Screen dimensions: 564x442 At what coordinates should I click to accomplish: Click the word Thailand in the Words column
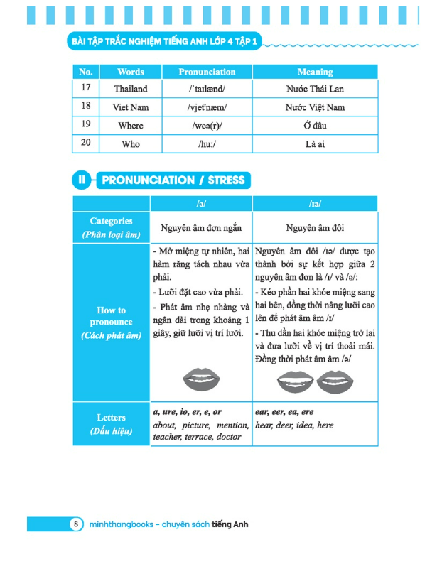point(131,90)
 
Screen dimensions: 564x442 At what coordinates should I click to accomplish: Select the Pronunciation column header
point(207,72)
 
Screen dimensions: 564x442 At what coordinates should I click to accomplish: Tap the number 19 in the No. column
point(86,126)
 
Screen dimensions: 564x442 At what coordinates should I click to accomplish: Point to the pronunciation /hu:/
point(207,144)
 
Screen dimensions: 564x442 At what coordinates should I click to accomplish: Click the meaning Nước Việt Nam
point(316,108)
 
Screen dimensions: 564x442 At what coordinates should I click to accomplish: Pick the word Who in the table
point(131,144)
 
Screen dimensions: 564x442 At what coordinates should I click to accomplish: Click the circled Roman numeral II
point(82,180)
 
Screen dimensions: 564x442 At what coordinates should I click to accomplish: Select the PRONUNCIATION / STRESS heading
point(173,180)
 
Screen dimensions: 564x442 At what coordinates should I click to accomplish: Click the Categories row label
point(111,227)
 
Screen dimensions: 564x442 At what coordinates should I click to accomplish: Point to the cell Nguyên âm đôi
point(315,228)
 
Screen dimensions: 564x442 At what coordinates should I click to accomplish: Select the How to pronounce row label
point(111,322)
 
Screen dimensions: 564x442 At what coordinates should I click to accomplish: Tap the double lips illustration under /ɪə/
point(315,382)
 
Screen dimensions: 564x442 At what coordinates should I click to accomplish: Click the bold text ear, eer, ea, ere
point(284,412)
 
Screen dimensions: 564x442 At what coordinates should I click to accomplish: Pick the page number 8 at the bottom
point(76,524)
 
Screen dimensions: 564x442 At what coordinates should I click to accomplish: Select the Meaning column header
point(315,72)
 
